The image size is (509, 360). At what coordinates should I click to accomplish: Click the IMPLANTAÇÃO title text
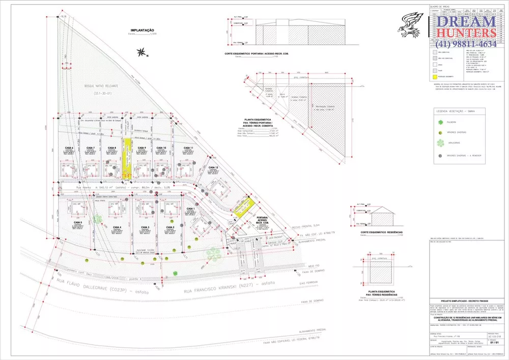[142, 31]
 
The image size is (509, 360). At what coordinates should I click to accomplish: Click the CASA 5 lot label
[78, 223]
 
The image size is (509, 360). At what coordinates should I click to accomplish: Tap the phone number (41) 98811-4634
[466, 44]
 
